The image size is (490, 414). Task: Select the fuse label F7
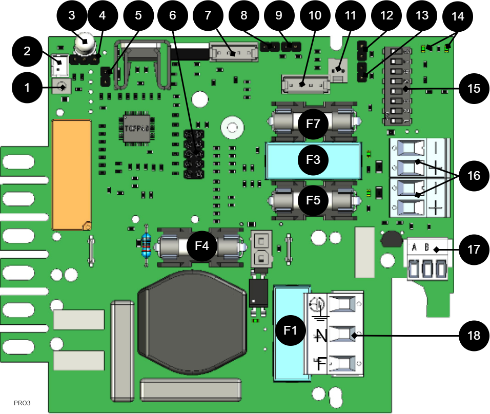[313, 124]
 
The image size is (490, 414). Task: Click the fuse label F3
[313, 160]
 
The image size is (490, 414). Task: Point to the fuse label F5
[313, 199]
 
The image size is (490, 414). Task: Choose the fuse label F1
[290, 330]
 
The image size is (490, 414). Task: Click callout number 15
[474, 89]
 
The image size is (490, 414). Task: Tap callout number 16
[474, 176]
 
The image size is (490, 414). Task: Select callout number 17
[474, 250]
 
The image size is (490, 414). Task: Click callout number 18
[474, 336]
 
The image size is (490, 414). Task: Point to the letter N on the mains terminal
[321, 336]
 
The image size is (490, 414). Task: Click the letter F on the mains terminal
[321, 364]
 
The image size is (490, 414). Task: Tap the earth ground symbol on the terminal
[319, 307]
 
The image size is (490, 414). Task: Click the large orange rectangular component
[72, 174]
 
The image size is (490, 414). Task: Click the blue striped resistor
[147, 246]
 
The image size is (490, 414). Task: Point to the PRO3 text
[22, 403]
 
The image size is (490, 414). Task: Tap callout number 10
[315, 15]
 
